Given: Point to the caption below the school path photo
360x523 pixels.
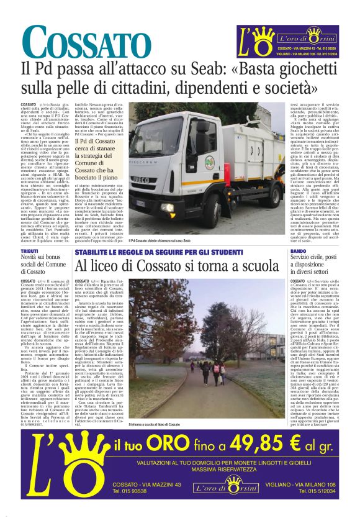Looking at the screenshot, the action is coord(156,407).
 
